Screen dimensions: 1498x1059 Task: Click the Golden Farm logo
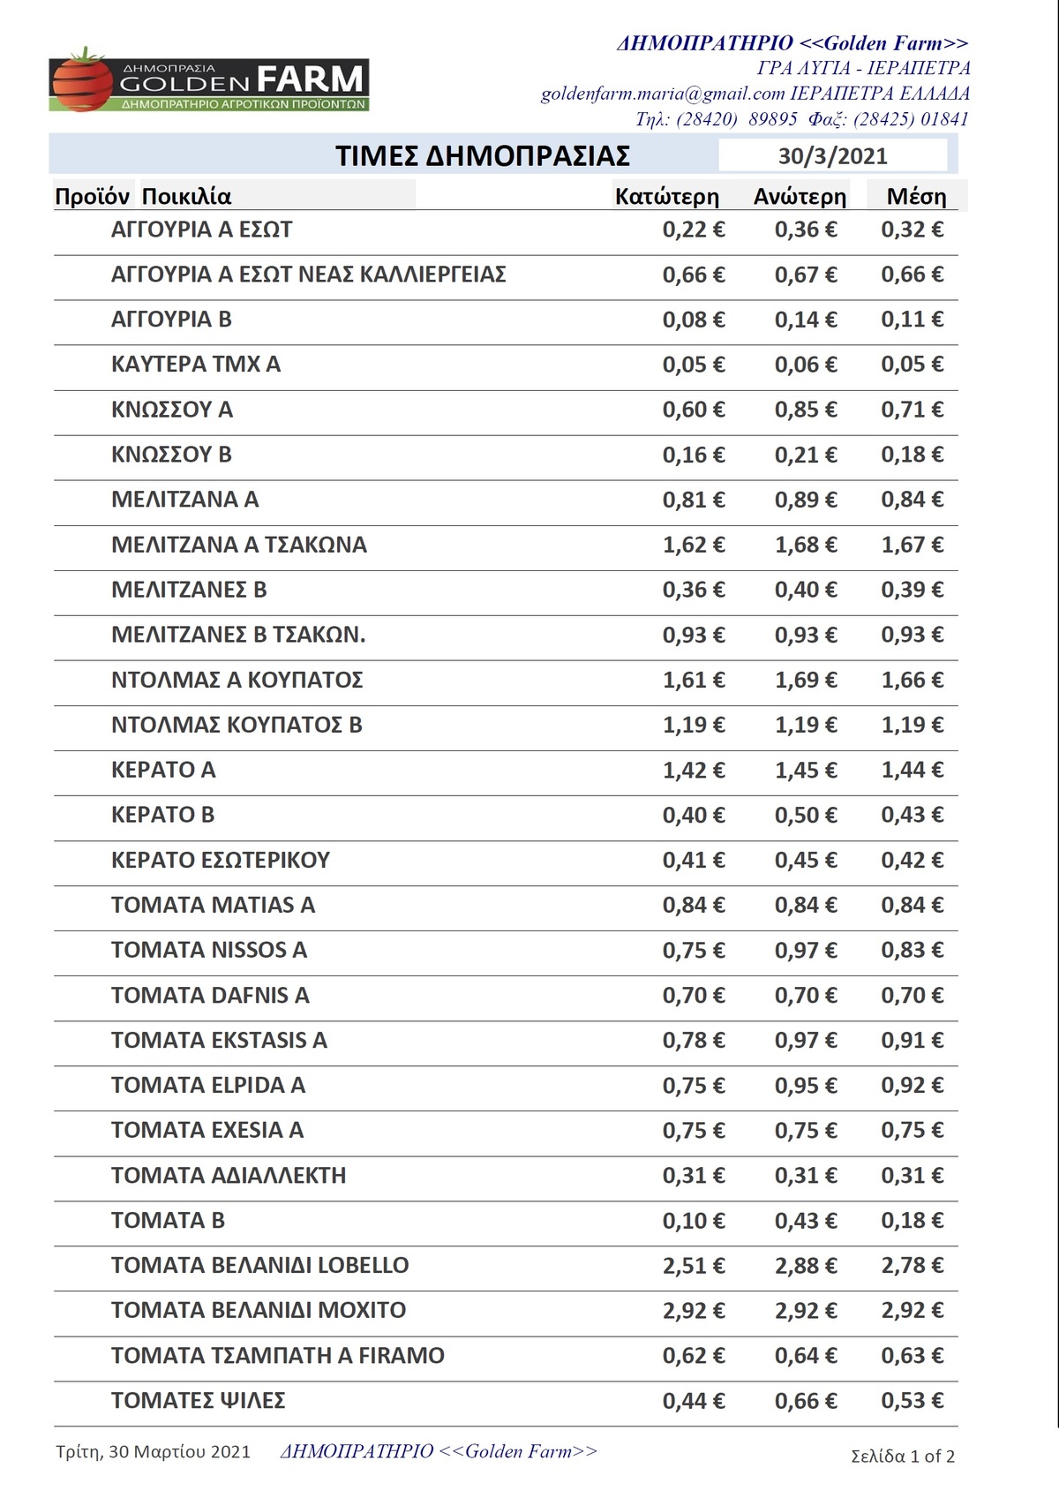[209, 82]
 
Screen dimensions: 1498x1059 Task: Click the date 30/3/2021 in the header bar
[832, 156]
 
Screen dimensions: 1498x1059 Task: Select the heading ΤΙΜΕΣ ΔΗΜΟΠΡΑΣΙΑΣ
[483, 156]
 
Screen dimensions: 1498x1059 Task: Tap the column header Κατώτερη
[666, 196]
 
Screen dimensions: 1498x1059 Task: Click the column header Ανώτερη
[800, 196]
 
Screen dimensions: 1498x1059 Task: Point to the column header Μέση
[916, 196]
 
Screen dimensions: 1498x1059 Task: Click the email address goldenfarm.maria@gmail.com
[662, 94]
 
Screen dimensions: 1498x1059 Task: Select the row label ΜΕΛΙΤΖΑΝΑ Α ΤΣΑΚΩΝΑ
[238, 545]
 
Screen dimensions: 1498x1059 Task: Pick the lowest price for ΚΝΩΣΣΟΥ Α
[694, 410]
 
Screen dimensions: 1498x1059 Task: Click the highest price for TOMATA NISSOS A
[806, 951]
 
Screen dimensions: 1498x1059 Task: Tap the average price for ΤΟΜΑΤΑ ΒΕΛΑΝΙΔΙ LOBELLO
[913, 1266]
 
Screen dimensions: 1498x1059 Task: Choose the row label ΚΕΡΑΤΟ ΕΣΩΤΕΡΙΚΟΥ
[220, 860]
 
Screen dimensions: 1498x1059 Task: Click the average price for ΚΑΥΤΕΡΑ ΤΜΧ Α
[913, 365]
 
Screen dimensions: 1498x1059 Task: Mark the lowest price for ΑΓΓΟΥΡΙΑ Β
[694, 320]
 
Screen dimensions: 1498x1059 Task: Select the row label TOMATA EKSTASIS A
[219, 1041]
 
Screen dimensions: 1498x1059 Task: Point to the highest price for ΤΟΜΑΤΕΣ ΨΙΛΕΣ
[806, 1401]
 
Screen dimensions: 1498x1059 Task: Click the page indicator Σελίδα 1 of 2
[902, 1457]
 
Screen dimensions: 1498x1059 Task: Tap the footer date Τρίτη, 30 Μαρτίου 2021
[153, 1452]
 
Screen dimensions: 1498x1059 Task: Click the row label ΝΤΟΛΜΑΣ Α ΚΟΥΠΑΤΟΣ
[237, 681]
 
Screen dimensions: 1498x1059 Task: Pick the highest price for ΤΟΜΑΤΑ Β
[806, 1221]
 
